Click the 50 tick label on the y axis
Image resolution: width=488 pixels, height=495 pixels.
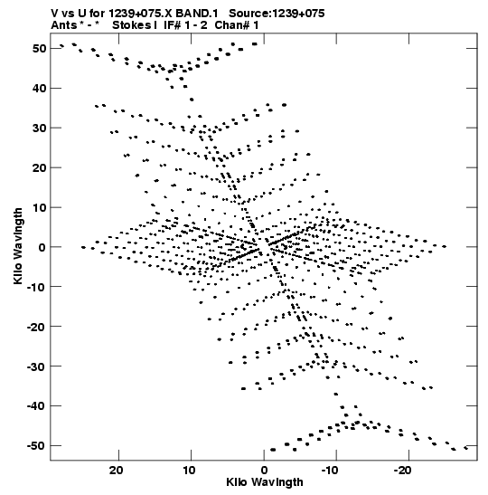point(39,49)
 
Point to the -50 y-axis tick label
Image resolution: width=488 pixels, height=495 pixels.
point(36,446)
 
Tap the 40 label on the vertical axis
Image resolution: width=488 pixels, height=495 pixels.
point(39,89)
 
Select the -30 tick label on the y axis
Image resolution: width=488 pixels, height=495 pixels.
point(36,366)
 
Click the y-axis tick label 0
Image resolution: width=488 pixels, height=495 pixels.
point(42,247)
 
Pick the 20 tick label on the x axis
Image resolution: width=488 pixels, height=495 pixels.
point(117,471)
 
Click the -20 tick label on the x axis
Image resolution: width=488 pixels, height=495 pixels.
point(402,471)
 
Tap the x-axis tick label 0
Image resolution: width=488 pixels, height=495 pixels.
point(264,471)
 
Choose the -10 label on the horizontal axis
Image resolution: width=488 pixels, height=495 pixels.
point(330,471)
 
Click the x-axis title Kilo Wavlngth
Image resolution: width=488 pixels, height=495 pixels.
point(265,482)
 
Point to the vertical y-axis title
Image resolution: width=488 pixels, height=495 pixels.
point(18,246)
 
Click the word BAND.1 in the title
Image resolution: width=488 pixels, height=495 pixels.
point(197,14)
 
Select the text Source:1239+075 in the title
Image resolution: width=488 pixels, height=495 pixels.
point(277,14)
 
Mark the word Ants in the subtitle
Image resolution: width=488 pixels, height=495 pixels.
point(63,25)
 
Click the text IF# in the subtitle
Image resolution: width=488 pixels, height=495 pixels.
point(172,25)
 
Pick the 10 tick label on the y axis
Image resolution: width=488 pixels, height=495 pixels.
point(39,208)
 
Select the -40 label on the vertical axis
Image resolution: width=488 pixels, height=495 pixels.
point(36,406)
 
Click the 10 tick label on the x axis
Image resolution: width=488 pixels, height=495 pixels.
point(189,471)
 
